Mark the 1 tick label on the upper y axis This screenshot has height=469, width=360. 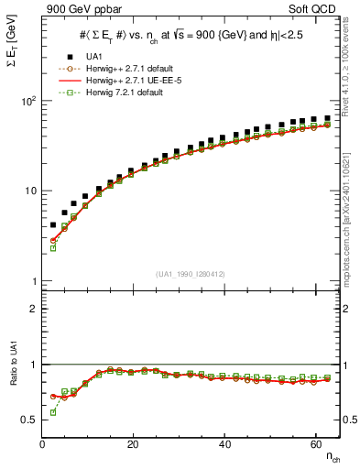click(x=32, y=280)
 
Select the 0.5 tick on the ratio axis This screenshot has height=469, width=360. click(x=28, y=420)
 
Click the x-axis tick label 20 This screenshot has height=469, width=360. click(x=133, y=445)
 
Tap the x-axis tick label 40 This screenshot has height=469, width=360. click(x=224, y=445)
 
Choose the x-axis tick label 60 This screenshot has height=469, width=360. click(x=314, y=445)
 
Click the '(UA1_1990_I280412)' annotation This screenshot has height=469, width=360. click(x=191, y=273)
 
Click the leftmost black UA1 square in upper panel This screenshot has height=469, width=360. click(x=53, y=224)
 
